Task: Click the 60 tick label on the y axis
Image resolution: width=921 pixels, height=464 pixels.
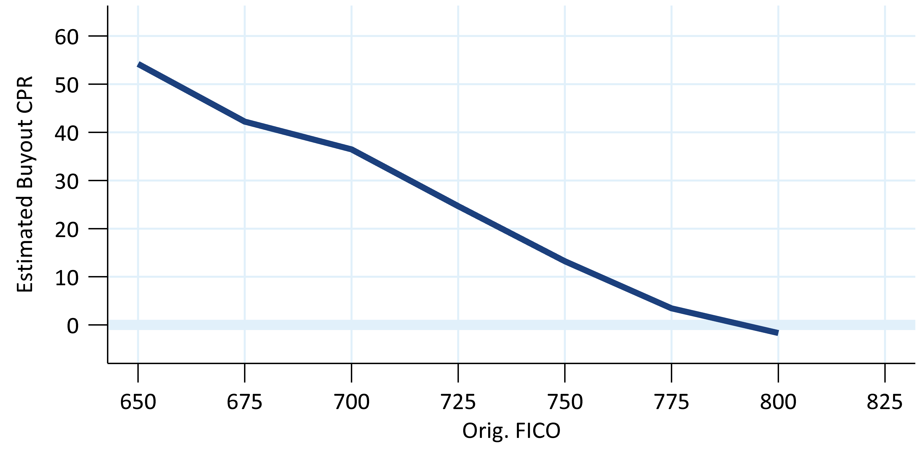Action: click(66, 37)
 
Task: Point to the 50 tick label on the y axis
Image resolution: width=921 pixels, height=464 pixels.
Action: click(66, 85)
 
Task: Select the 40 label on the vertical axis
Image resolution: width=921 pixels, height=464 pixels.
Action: click(66, 134)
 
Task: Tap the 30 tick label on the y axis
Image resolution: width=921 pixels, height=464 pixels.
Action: click(66, 182)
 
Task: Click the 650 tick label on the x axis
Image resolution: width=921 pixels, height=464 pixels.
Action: click(138, 402)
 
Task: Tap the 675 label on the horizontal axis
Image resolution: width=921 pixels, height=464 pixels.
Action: click(244, 402)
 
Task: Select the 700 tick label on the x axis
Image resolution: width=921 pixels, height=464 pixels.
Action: click(351, 402)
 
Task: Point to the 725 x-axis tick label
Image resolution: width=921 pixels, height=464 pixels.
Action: click(458, 402)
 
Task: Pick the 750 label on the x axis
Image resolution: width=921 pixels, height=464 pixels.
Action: click(565, 402)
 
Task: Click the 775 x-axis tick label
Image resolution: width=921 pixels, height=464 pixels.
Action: click(671, 402)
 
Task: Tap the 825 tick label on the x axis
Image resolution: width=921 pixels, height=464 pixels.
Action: click(884, 402)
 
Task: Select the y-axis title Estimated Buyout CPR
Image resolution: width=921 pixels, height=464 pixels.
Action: click(25, 184)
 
